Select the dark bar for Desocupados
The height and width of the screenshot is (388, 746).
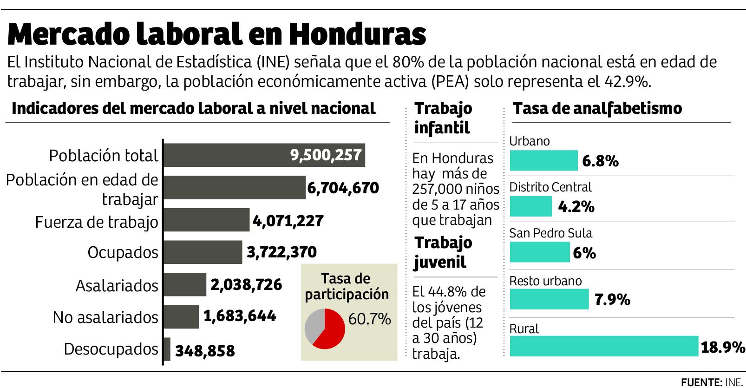coord(167,349)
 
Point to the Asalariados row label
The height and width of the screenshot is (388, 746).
coord(117,285)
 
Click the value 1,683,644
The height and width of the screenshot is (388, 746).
coord(240,316)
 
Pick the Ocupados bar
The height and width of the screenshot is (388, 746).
coord(203,252)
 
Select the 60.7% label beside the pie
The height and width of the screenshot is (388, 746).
coord(369,319)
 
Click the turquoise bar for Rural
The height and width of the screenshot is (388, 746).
coord(604,346)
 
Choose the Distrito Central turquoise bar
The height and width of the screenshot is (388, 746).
coord(531,206)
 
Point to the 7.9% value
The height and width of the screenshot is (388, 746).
coord(612,300)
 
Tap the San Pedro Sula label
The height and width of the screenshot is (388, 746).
coord(551,233)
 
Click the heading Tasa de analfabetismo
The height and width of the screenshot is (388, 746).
coord(597,108)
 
